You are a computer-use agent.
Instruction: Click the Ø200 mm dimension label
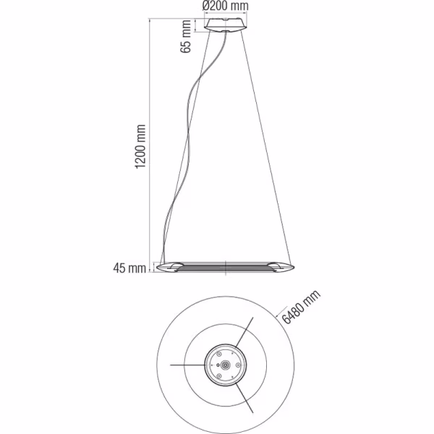(x=226, y=6)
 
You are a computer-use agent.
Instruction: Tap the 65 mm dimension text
(x=186, y=36)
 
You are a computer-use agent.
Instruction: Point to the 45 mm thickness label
(x=130, y=269)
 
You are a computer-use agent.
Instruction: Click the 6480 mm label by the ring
(x=300, y=307)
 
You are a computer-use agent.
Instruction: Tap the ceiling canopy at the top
(x=226, y=25)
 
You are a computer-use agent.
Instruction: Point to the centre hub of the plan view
(x=226, y=366)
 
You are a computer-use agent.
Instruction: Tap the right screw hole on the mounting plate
(x=238, y=366)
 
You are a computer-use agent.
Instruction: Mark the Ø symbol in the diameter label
(x=206, y=6)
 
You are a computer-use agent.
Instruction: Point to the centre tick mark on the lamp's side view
(x=226, y=267)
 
